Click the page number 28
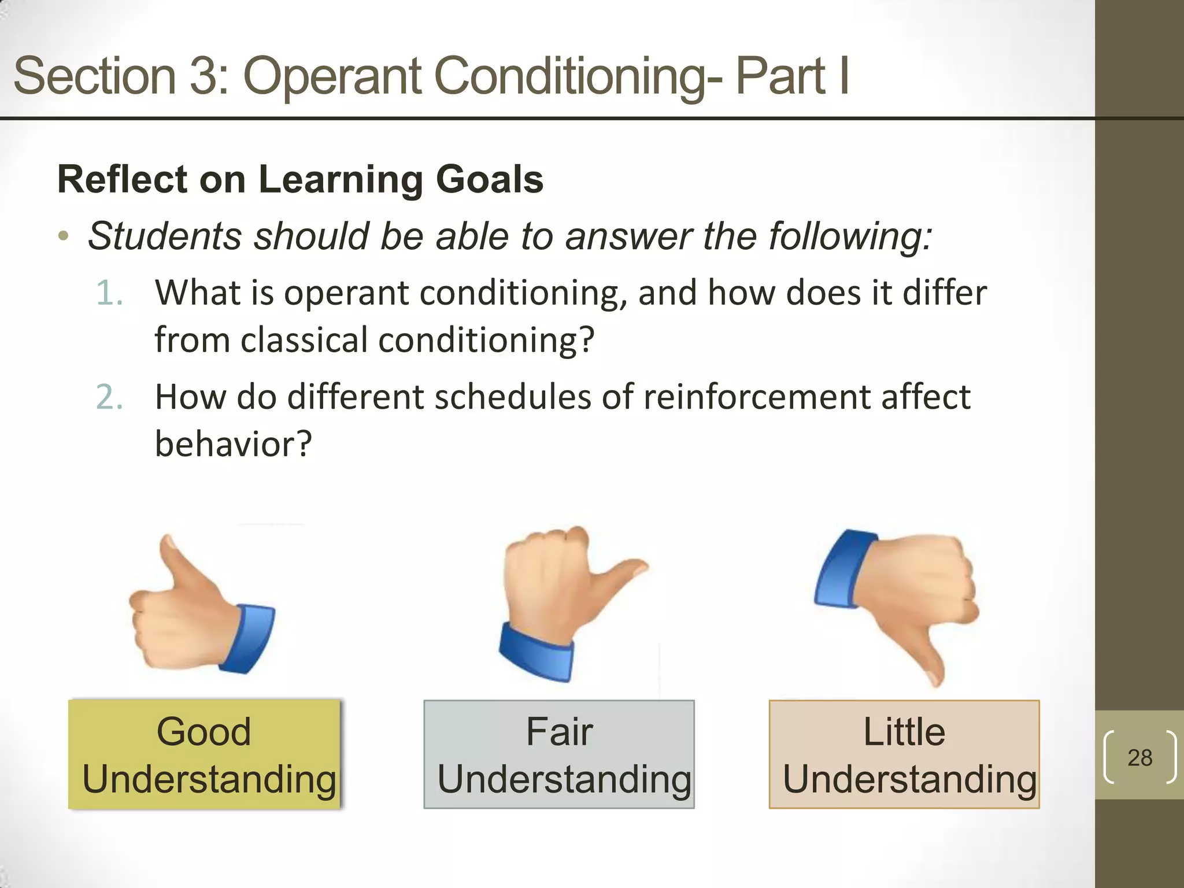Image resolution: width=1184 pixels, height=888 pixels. tap(1139, 757)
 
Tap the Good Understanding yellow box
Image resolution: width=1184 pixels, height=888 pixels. tap(205, 754)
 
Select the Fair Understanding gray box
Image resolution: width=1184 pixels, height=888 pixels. tap(558, 754)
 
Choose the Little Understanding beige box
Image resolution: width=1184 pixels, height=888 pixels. tap(904, 754)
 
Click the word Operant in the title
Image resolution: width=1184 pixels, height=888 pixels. tap(332, 76)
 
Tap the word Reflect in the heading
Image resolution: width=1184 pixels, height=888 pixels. tap(122, 179)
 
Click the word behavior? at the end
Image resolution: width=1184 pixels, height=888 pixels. tap(233, 445)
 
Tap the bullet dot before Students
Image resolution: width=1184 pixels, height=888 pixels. tap(64, 236)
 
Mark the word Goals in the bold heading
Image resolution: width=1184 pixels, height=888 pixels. tap(489, 179)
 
